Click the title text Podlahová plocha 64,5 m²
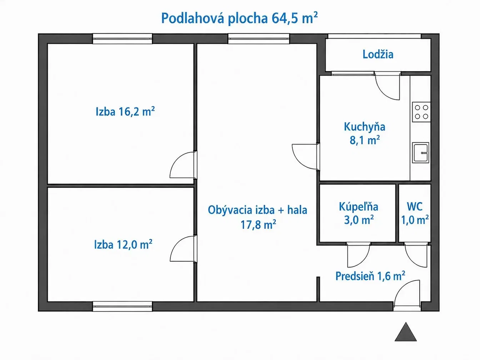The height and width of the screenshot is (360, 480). [239, 18]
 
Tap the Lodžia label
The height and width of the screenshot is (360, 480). [378, 54]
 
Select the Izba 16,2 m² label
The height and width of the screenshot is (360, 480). [125, 111]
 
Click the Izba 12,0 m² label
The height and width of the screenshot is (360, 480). [123, 245]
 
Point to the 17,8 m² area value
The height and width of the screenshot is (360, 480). [258, 225]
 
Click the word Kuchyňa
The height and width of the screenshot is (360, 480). [365, 127]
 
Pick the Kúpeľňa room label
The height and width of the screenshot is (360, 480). [359, 207]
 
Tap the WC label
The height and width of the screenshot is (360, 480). [415, 206]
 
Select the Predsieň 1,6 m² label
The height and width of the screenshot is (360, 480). [370, 276]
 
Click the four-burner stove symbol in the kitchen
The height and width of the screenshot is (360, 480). [421, 112]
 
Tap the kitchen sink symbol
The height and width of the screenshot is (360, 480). [420, 152]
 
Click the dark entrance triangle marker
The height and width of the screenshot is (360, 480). [406, 332]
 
